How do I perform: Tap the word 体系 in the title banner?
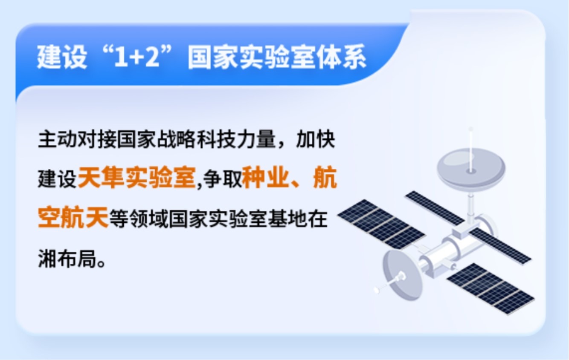tap(341, 57)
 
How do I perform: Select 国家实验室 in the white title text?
tap(252, 57)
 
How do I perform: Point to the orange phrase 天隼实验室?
tap(137, 178)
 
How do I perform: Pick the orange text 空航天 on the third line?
tap(73, 217)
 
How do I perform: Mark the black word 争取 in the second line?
tap(223, 179)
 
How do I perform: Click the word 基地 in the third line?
tap(288, 219)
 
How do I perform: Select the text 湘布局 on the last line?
tap(67, 259)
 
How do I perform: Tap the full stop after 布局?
tap(102, 264)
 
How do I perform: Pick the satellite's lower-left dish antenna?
tap(402, 274)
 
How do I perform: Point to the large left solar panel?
tap(381, 224)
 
